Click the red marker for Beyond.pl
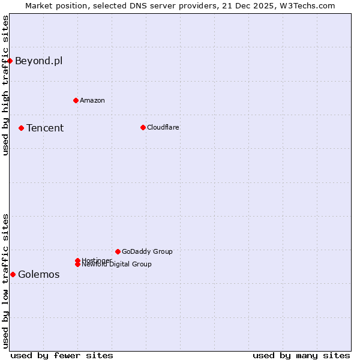(10, 61)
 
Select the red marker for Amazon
(76, 100)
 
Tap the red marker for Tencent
(21, 128)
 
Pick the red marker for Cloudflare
(143, 127)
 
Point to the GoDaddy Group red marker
(118, 251)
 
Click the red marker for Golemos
(13, 274)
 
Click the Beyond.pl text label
(38, 61)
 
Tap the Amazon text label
(92, 100)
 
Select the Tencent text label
(45, 128)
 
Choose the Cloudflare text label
(163, 127)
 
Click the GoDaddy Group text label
(147, 251)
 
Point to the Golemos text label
(39, 275)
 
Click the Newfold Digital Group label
(117, 264)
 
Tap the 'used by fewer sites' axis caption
(62, 355)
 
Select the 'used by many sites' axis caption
(301, 355)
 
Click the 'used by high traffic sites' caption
(5, 85)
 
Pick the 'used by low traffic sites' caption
(5, 281)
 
